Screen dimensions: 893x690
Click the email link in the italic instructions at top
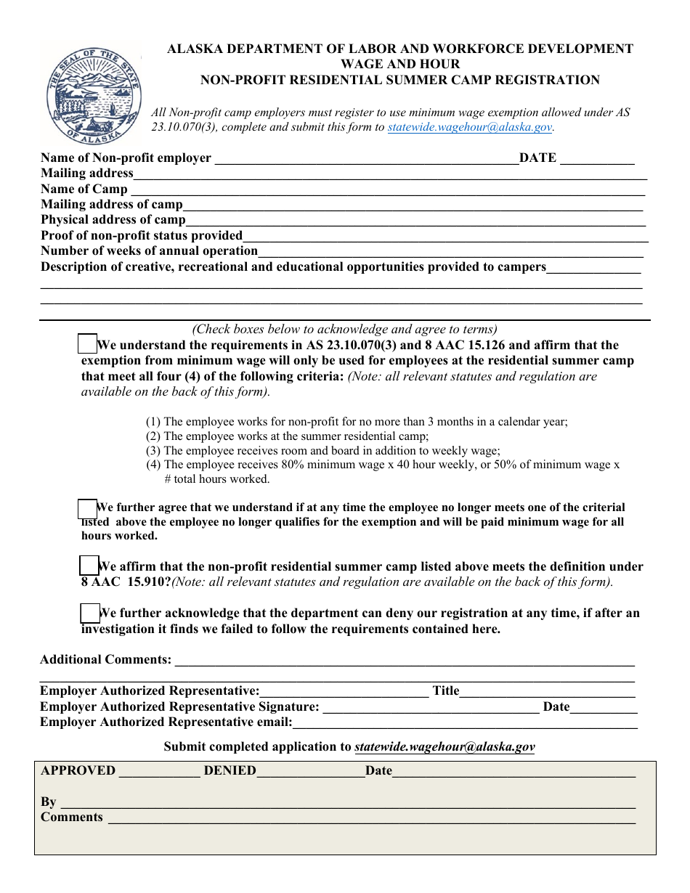pyautogui.click(x=470, y=127)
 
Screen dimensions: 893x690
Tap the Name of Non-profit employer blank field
pyautogui.click(x=367, y=159)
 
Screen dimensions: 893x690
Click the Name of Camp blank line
pyautogui.click(x=386, y=190)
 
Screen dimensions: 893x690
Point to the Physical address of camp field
pyautogui.click(x=414, y=221)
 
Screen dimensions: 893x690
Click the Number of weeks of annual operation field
pyautogui.click(x=450, y=252)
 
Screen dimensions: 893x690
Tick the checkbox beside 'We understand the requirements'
pyautogui.click(x=87, y=344)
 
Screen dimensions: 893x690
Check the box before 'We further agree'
pyautogui.click(x=87, y=509)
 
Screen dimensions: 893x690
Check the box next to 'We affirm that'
pyautogui.click(x=89, y=566)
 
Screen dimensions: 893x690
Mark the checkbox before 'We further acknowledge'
pyautogui.click(x=89, y=613)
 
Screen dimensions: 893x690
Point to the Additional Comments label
pyautogui.click(x=106, y=660)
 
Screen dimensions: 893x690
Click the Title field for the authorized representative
pyautogui.click(x=548, y=692)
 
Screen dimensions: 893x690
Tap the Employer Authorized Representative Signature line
pyautogui.click(x=430, y=708)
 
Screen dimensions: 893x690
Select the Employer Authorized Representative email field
pyautogui.click(x=465, y=723)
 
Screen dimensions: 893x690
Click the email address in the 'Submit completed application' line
pyautogui.click(x=445, y=747)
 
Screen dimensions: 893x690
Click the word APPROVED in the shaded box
pyautogui.click(x=78, y=771)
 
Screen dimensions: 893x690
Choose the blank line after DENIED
pyautogui.click(x=310, y=772)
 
